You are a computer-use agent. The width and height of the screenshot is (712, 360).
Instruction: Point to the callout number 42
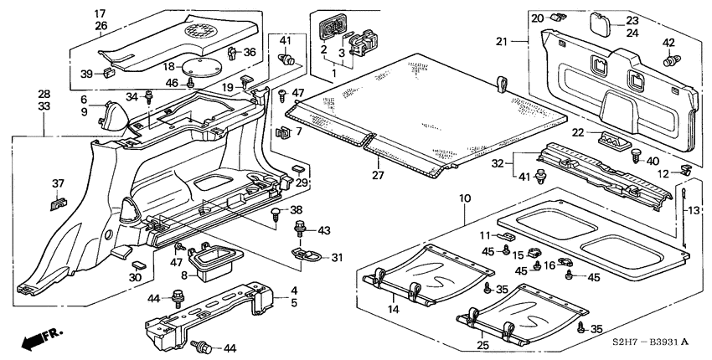[669, 43]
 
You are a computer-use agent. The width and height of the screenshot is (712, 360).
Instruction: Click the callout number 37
[58, 183]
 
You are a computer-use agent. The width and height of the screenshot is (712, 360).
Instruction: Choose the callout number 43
[324, 229]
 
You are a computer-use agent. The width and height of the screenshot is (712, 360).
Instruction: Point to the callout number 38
[295, 209]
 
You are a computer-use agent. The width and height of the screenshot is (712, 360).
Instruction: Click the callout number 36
[250, 52]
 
